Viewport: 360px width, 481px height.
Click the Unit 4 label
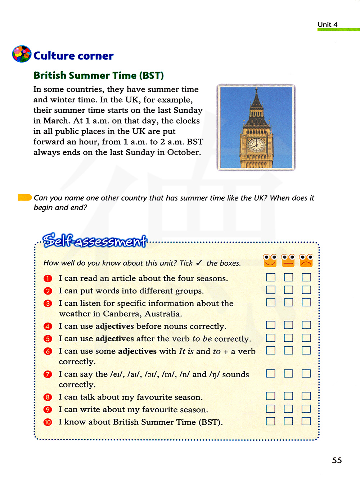tap(327, 24)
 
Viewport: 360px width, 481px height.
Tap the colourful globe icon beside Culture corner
tap(22, 54)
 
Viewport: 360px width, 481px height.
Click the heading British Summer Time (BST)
tap(99, 76)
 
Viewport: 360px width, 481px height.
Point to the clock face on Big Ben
tap(256, 145)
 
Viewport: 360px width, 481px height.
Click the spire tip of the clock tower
tap(256, 88)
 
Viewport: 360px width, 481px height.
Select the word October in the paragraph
tap(183, 152)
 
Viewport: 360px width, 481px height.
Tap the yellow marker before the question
tap(25, 197)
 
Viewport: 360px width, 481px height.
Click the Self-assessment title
tap(95, 240)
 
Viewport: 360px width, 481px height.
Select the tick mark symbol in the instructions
tap(199, 263)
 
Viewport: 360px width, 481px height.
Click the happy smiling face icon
tap(270, 260)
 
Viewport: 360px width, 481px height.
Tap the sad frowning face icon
tap(306, 260)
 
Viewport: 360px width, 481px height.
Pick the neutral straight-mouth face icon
tap(288, 260)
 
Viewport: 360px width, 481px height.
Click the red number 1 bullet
tap(48, 279)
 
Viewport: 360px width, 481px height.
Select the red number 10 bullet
tap(48, 422)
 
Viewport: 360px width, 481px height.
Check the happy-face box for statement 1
tap(271, 277)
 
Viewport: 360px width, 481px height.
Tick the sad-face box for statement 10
tap(306, 421)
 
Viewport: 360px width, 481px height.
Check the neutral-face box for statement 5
tap(288, 338)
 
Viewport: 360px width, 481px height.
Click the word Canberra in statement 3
tap(122, 314)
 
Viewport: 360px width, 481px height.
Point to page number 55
tap(337, 460)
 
